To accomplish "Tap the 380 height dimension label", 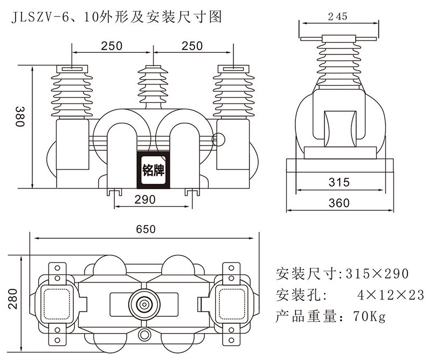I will [20, 116].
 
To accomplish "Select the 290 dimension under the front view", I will [144, 199].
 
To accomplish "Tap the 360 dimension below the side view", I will [339, 203].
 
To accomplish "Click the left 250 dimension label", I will [112, 46].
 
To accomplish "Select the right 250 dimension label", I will [192, 46].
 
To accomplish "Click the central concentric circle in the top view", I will [144, 304].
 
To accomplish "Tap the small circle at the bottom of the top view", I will [144, 335].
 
